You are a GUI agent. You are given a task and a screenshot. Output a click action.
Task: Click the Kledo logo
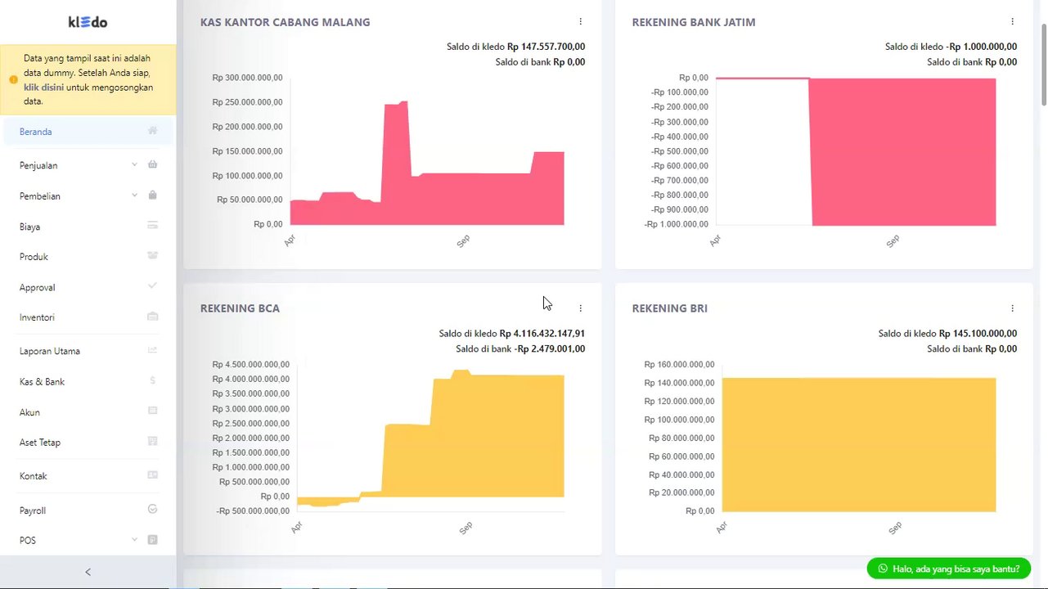pyautogui.click(x=88, y=22)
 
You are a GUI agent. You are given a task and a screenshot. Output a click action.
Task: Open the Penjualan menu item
pyautogui.click(x=38, y=165)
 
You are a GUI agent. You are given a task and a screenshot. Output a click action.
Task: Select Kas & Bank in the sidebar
pyautogui.click(x=42, y=382)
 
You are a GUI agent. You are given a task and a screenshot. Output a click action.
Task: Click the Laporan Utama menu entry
pyautogui.click(x=50, y=351)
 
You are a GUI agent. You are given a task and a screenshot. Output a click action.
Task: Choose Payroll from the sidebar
pyautogui.click(x=33, y=510)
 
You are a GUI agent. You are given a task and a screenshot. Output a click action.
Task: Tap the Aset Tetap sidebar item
pyautogui.click(x=40, y=443)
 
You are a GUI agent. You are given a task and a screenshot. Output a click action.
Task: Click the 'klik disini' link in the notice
pyautogui.click(x=44, y=87)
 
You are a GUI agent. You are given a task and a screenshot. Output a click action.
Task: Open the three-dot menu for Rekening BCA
pyautogui.click(x=581, y=308)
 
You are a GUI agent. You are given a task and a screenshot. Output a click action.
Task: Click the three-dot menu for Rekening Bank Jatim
pyautogui.click(x=1012, y=22)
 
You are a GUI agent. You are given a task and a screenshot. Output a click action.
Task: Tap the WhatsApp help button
pyautogui.click(x=949, y=569)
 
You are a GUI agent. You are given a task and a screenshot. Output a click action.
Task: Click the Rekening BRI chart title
pyautogui.click(x=669, y=308)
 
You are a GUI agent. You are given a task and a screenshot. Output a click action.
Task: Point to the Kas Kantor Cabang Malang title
pyautogui.click(x=285, y=22)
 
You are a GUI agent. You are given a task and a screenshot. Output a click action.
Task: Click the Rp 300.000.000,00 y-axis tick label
pyautogui.click(x=247, y=78)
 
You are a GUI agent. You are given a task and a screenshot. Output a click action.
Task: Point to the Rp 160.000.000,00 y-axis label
pyautogui.click(x=679, y=365)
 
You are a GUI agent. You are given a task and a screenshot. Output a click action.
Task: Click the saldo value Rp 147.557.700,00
pyautogui.click(x=546, y=47)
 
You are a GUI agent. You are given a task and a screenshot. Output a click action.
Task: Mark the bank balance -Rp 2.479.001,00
pyautogui.click(x=550, y=349)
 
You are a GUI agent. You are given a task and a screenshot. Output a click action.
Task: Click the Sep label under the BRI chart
pyautogui.click(x=895, y=528)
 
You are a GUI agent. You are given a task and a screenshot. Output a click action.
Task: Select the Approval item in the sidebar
pyautogui.click(x=38, y=288)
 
